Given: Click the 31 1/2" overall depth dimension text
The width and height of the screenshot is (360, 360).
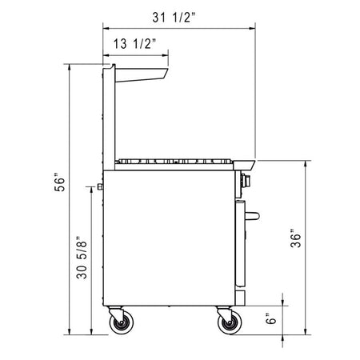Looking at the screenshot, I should pos(180,15).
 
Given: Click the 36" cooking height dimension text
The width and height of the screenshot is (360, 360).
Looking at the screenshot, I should pos(295,239).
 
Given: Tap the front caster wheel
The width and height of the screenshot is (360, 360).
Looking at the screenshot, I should pos(228,322).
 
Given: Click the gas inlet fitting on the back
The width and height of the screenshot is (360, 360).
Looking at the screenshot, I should pos(99,188).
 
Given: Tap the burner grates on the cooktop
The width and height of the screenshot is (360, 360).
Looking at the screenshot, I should pos(176,162).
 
